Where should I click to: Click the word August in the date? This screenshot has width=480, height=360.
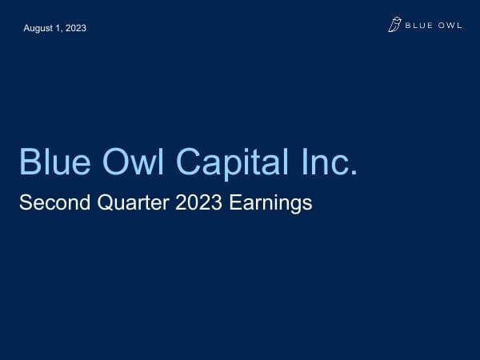[39, 28]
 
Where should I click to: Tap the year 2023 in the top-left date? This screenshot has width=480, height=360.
[75, 28]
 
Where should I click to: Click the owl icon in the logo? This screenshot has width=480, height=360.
[394, 26]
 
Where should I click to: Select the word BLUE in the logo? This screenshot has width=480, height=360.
[417, 26]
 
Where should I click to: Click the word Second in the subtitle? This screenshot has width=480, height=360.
[50, 203]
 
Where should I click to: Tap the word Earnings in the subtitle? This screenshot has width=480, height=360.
[270, 204]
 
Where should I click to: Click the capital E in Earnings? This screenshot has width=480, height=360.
[234, 203]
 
